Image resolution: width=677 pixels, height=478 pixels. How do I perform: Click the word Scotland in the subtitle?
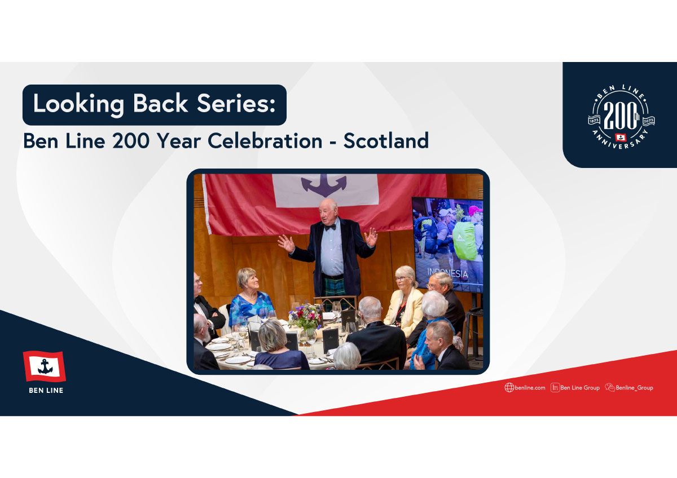click(x=386, y=141)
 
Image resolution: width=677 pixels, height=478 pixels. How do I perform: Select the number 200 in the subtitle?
click(x=131, y=141)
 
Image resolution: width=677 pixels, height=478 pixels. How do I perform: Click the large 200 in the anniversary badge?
click(x=620, y=116)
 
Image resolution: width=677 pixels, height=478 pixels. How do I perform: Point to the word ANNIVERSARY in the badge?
click(x=620, y=141)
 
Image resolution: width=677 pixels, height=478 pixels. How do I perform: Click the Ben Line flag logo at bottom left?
click(x=45, y=366)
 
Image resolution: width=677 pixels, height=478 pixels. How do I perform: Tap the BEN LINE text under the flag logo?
click(x=46, y=391)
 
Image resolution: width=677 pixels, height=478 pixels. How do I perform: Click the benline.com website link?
click(x=530, y=388)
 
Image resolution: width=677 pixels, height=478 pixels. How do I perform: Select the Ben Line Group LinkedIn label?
click(x=580, y=388)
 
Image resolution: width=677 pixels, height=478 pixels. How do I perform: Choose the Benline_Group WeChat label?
click(x=634, y=388)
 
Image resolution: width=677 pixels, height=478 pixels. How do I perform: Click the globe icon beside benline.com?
click(x=509, y=388)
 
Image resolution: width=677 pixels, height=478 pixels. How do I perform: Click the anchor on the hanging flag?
click(x=324, y=185)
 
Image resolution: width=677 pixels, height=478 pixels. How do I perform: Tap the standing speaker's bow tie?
click(x=330, y=227)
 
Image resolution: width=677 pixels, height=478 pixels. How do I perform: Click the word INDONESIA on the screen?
click(x=447, y=273)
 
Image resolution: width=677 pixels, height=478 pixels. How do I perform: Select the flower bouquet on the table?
click(x=306, y=316)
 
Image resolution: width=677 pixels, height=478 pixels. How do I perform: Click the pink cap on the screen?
click(x=475, y=210)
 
